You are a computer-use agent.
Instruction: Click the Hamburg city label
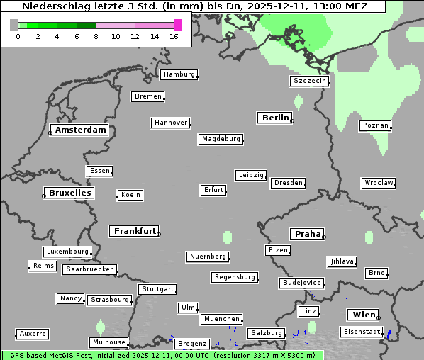coord(179,74)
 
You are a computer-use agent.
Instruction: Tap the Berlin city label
coord(275,118)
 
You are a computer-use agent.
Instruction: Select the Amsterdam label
coord(80,130)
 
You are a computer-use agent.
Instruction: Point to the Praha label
coord(307,234)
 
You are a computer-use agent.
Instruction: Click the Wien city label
coord(364,315)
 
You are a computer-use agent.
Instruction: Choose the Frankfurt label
coord(135,231)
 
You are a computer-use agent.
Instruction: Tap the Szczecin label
coord(309,81)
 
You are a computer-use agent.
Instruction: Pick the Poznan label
coord(375,125)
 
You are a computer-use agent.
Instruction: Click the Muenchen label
coord(222,319)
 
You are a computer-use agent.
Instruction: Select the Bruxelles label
coord(69,193)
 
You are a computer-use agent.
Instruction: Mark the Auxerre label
coord(33,333)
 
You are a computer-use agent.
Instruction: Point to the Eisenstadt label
coord(360,332)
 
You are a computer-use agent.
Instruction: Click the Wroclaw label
coord(378,183)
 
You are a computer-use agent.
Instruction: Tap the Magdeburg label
coord(221,139)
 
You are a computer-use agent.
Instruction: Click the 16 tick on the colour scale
coord(174,35)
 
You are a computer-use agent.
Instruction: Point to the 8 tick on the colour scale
coord(96,35)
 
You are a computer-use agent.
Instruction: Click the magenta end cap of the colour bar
coord(177,25)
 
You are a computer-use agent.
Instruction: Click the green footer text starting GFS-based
coord(162,355)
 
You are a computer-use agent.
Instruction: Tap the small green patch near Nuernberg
coord(228,237)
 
